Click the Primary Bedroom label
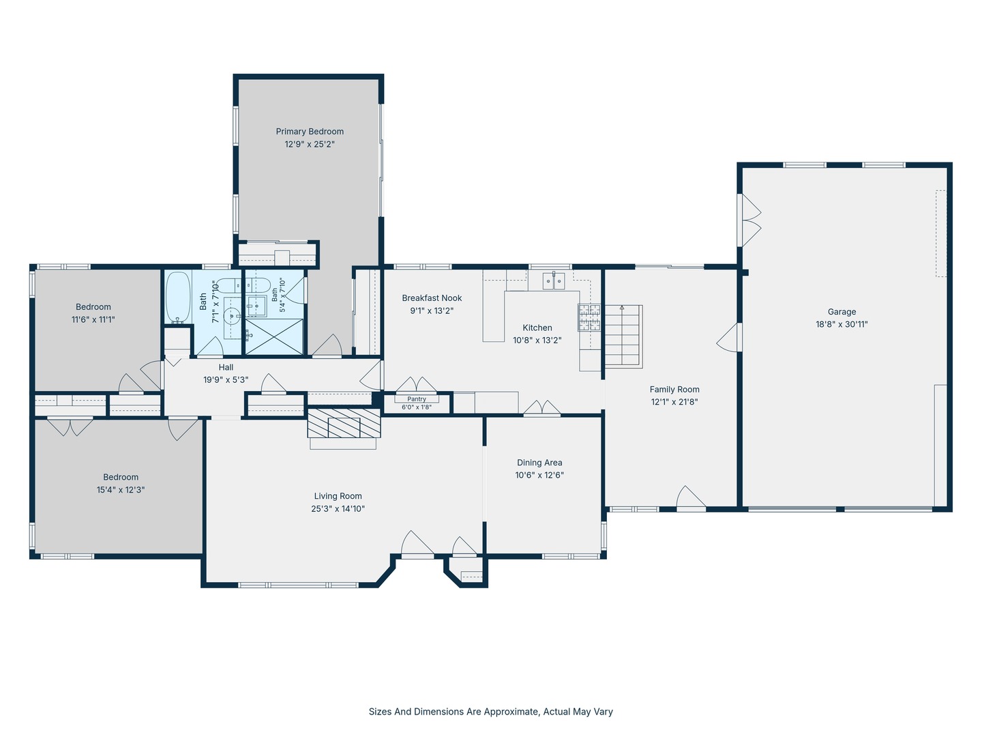310,132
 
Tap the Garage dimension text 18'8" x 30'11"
842,324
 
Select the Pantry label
417,399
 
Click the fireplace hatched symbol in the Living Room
344,423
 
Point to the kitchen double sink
554,281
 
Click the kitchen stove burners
589,317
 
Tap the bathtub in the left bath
178,297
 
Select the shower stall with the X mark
273,337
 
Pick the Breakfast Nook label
432,298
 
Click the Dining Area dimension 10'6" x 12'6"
539,475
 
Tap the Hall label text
226,367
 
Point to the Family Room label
674,390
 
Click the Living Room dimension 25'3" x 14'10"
338,509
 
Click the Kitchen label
537,328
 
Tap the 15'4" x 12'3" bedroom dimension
120,490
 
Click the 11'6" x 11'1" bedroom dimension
93,320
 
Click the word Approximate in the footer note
511,712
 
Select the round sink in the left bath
232,316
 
